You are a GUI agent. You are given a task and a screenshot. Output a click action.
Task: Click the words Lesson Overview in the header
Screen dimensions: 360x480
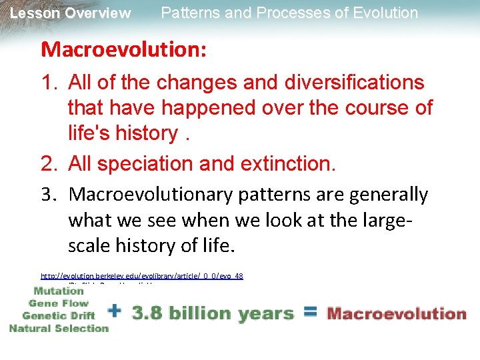pos(71,13)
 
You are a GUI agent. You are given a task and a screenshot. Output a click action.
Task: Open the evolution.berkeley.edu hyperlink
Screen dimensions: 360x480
pos(141,275)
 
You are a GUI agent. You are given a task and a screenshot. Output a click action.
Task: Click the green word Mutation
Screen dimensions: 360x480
pos(59,291)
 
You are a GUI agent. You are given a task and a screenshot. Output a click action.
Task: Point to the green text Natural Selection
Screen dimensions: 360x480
pos(59,327)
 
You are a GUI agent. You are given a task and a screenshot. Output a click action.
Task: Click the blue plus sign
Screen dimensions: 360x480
pos(115,311)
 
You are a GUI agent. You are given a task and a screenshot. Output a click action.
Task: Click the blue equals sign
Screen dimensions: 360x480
pos(311,311)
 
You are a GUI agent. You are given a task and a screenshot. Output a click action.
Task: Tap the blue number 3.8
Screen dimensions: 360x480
pos(148,312)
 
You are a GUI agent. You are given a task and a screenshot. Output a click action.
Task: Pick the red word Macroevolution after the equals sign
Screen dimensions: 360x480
pos(397,313)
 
